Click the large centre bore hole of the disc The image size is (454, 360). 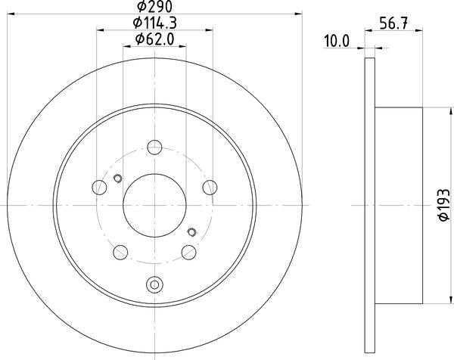click(x=154, y=203)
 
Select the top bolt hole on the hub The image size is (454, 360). click(x=154, y=147)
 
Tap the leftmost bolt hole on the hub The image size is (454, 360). click(x=100, y=187)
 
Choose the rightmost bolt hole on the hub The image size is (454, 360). click(x=209, y=187)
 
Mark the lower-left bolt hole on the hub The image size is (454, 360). click(x=121, y=251)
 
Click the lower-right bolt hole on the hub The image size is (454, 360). click(x=188, y=251)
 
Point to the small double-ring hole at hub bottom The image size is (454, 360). click(x=154, y=285)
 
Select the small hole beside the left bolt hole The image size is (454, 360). click(x=117, y=179)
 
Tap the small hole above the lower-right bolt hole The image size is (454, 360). click(x=191, y=231)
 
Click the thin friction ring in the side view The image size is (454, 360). click(x=369, y=203)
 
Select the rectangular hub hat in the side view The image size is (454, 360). click(x=398, y=203)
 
